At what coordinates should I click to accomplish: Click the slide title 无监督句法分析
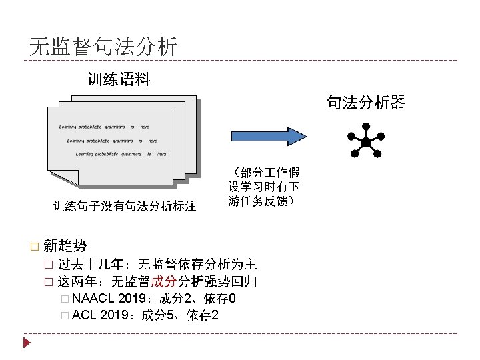103,47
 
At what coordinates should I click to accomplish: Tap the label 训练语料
119,81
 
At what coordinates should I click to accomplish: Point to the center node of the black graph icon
366,143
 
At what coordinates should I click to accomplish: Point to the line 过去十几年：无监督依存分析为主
157,263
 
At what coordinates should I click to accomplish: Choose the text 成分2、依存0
197,297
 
